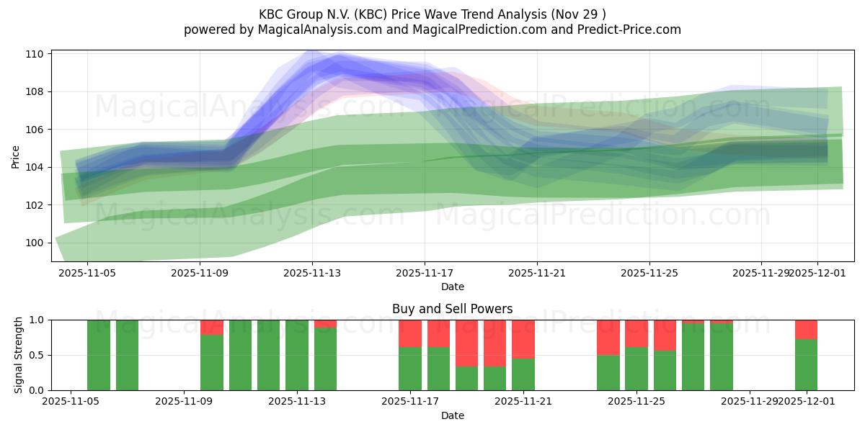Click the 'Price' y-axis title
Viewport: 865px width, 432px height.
pos(16,156)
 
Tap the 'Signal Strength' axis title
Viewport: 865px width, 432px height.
pos(19,355)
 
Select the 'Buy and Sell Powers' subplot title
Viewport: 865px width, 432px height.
pos(452,309)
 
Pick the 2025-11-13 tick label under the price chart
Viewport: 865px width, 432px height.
pos(312,273)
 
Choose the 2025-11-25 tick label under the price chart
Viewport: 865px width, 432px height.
pos(649,273)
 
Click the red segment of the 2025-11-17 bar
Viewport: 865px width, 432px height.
pos(410,333)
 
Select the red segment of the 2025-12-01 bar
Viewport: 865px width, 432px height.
pos(806,329)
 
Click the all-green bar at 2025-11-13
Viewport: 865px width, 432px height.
pos(297,355)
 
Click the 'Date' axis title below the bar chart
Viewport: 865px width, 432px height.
pos(452,415)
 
